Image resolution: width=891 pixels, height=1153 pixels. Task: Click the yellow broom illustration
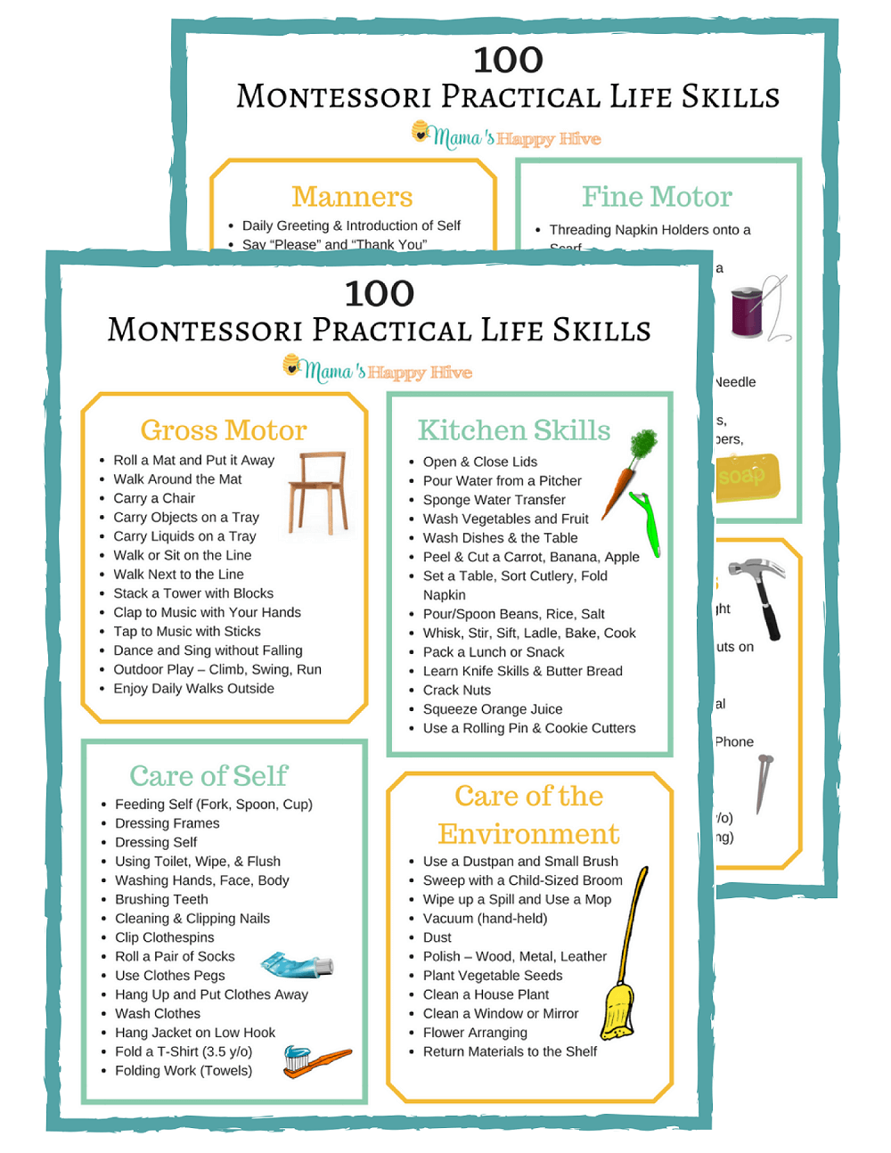coord(621,980)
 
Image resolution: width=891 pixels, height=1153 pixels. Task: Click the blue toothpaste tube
coord(296,964)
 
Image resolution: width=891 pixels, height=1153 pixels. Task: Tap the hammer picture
coord(759,595)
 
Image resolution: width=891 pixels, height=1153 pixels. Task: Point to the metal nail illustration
coord(764,783)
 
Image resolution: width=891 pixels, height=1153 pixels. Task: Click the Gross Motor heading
coord(224,430)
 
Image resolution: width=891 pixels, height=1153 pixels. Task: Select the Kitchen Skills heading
coord(514,430)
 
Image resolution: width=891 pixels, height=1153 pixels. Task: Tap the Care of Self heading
coord(208,776)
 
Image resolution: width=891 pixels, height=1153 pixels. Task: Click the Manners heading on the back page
coord(352,197)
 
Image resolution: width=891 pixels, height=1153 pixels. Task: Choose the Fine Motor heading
coord(657,197)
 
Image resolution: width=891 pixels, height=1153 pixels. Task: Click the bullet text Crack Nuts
coord(456,691)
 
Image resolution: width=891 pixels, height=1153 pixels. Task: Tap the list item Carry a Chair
coord(154,499)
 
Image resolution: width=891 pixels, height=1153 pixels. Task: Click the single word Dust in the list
coord(437,938)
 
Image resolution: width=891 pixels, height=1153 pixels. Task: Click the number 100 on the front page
coord(380,294)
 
